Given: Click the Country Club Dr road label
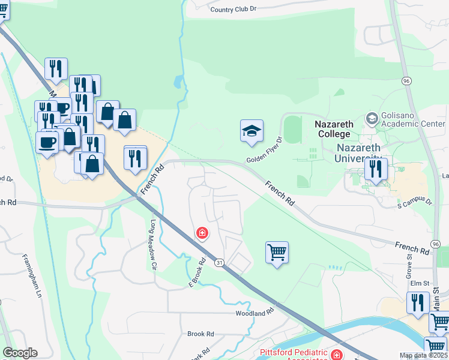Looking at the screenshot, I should pos(234,9).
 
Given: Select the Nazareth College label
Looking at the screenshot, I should pos(334,129).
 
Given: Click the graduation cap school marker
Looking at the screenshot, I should pos(252,131).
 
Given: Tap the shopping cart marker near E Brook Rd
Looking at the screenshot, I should pos(277,253).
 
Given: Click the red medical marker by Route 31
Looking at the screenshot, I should pos(203,232).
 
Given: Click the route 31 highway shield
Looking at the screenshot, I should pos(219,262).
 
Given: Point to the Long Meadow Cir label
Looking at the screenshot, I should pos(153,245).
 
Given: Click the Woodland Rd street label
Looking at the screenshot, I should pos(255,313).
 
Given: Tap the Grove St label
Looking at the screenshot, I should pos(409,264).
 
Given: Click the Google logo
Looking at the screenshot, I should pos(20,353).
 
